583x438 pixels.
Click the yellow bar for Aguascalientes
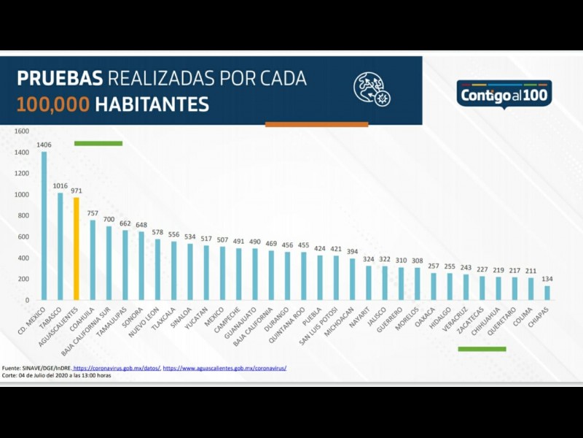tap(76, 248)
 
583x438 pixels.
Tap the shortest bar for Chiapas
tap(547, 292)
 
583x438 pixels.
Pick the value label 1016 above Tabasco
tap(60, 186)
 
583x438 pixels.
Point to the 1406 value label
tap(44, 145)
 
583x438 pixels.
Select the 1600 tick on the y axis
tap(22, 131)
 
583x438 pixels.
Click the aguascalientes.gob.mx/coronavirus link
tap(224, 368)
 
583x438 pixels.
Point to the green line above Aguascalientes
tap(98, 143)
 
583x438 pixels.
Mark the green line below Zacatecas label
tap(482, 349)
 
